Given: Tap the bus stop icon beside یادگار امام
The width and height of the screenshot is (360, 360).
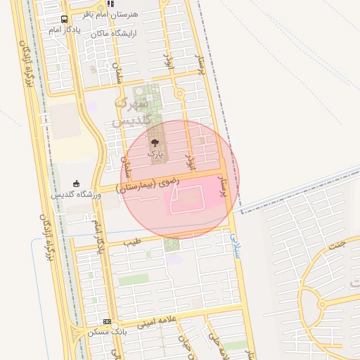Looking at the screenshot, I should coord(65,20).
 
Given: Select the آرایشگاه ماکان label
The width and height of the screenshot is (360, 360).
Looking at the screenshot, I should coord(112,33).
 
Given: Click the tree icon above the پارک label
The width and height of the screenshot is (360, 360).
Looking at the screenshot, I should coord(155,143).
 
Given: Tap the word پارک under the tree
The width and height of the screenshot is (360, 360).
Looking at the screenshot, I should coord(155,153).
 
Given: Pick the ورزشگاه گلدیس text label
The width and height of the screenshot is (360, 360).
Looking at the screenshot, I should coord(77,194).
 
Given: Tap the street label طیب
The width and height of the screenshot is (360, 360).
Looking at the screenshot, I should coord(132,242).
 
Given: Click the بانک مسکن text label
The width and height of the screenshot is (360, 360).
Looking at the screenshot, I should coord(106,331).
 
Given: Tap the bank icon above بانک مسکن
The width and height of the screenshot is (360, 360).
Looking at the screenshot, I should coord(107,321).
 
